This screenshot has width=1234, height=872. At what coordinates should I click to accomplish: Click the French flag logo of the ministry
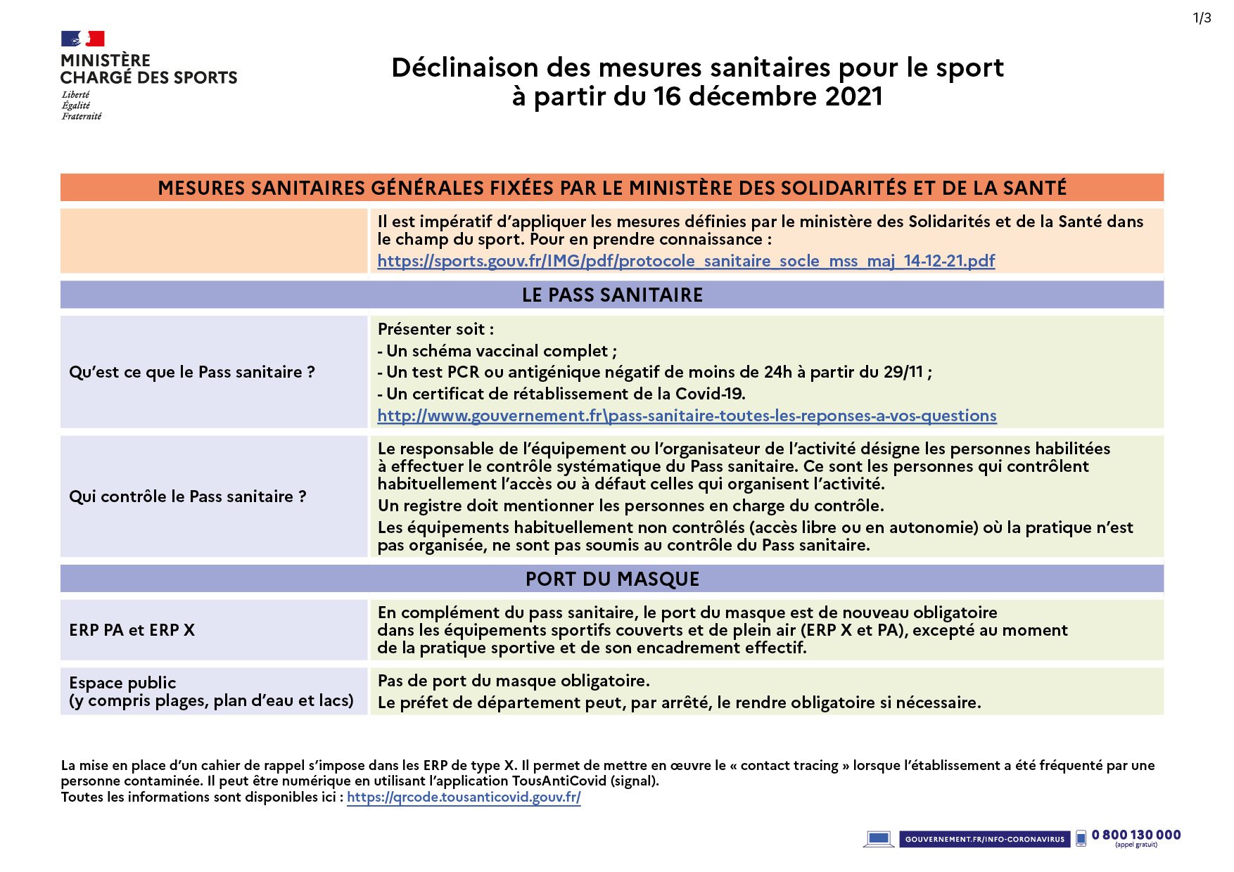(x=82, y=39)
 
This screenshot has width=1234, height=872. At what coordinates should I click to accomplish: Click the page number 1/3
(x=1202, y=18)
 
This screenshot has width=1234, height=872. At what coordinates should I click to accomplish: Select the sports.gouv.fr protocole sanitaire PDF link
(x=686, y=261)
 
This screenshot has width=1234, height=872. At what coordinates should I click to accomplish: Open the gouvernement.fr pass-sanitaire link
(x=687, y=416)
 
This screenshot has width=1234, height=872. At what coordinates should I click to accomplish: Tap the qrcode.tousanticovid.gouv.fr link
(x=464, y=797)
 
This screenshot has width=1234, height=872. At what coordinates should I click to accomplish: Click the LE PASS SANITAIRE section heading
(x=612, y=295)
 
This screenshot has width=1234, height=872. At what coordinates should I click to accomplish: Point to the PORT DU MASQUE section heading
(x=612, y=579)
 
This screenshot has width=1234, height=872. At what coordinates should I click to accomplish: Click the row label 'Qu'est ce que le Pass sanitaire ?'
(x=191, y=372)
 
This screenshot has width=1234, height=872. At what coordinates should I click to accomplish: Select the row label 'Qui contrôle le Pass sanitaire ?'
(x=187, y=496)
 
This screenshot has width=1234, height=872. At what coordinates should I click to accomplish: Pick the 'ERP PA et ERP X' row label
(x=132, y=630)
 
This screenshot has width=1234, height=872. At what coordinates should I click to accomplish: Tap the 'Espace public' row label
(x=122, y=683)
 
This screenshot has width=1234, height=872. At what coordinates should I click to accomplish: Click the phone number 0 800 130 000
(x=1136, y=835)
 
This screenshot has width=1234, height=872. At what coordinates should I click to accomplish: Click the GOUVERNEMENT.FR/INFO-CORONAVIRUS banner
(x=984, y=839)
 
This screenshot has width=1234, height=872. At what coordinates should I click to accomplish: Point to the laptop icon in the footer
(x=878, y=839)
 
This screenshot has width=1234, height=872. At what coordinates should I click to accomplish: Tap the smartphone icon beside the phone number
(x=1081, y=839)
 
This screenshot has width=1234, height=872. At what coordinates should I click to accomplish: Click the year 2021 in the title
(x=853, y=96)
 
